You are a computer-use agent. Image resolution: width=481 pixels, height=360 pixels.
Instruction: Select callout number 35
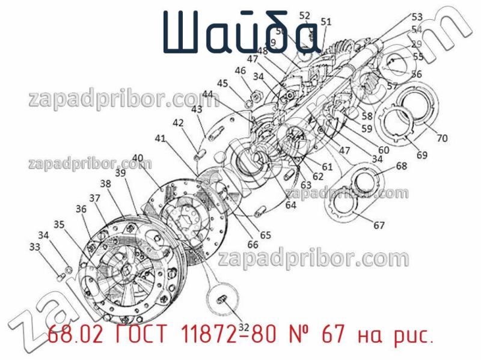pyautogui.click(x=58, y=225)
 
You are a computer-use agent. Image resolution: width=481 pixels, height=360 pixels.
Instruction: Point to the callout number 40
pyautogui.click(x=138, y=158)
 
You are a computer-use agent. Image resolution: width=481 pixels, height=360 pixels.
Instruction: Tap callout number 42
pyautogui.click(x=178, y=123)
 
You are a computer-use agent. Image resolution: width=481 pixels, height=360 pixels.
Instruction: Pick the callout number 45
pyautogui.click(x=222, y=83)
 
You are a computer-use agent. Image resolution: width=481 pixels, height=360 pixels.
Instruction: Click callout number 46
pyautogui.click(x=240, y=70)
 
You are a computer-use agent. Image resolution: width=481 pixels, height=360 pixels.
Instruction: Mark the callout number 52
pyautogui.click(x=305, y=16)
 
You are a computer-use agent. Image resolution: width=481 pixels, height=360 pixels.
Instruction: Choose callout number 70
pyautogui.click(x=442, y=138)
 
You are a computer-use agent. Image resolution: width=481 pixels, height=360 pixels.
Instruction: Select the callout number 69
pyautogui.click(x=422, y=155)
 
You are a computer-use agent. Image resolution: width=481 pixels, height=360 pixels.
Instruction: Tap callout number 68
pyautogui.click(x=401, y=166)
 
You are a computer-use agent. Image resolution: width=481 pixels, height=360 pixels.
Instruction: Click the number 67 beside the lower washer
pyautogui.click(x=379, y=226)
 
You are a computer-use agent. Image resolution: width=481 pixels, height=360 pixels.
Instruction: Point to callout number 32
pyautogui.click(x=244, y=327)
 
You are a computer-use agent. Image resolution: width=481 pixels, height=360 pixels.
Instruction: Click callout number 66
pyautogui.click(x=253, y=245)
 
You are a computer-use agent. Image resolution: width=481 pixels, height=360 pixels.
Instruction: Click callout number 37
pyautogui.click(x=95, y=198)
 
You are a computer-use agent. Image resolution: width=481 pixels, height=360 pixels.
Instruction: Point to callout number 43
pyautogui.click(x=197, y=109)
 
